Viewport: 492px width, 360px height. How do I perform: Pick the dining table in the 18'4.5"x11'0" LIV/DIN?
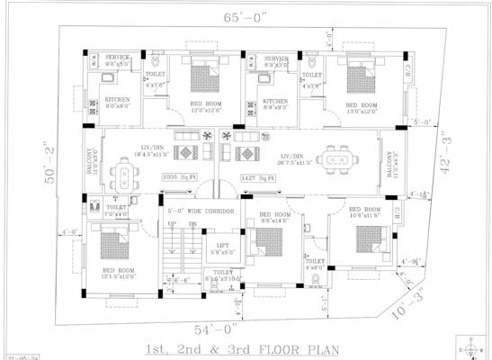pos(123,171)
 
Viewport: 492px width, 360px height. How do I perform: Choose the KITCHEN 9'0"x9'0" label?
pos(118,103)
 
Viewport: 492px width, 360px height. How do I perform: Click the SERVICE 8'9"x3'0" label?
pos(270,61)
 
